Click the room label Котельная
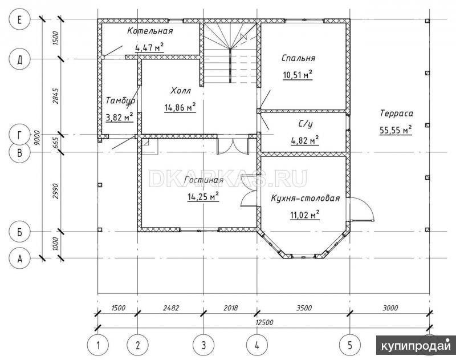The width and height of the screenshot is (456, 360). [x=150, y=31]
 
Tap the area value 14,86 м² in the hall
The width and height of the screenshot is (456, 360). [x=180, y=108]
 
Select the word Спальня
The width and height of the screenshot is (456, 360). [x=298, y=58]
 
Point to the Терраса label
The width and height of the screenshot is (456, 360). [x=396, y=113]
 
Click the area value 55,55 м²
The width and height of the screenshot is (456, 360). [x=396, y=131]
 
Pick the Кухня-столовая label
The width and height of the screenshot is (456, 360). [x=306, y=198]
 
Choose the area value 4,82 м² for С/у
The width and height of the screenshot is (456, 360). [x=305, y=140]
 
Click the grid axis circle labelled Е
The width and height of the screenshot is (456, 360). [x=20, y=20]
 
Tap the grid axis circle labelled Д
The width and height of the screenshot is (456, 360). [x=20, y=59]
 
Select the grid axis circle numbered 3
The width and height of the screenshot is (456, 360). [x=203, y=345]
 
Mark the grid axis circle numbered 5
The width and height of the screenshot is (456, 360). [x=350, y=345]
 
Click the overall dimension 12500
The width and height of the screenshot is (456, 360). [x=264, y=322]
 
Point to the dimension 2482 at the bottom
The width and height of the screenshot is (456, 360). [x=170, y=308]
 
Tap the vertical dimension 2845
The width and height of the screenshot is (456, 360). [x=56, y=96]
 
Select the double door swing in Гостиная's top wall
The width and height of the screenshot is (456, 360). [x=233, y=145]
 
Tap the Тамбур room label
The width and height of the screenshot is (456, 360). [x=120, y=100]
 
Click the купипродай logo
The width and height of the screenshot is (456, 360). [x=416, y=345]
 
